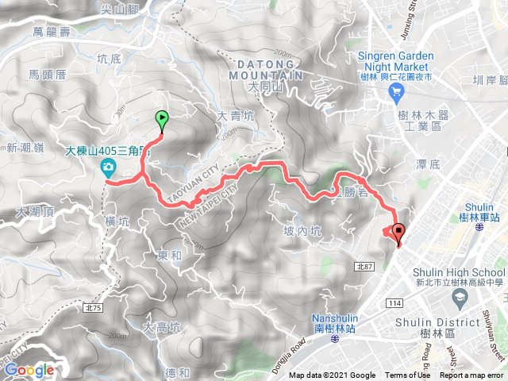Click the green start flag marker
[x=162, y=121]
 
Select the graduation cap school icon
[x=459, y=298]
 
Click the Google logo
[x=29, y=370]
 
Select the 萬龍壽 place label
[x=52, y=31]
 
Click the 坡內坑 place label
[x=302, y=231]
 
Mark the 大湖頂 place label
[x=35, y=212]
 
